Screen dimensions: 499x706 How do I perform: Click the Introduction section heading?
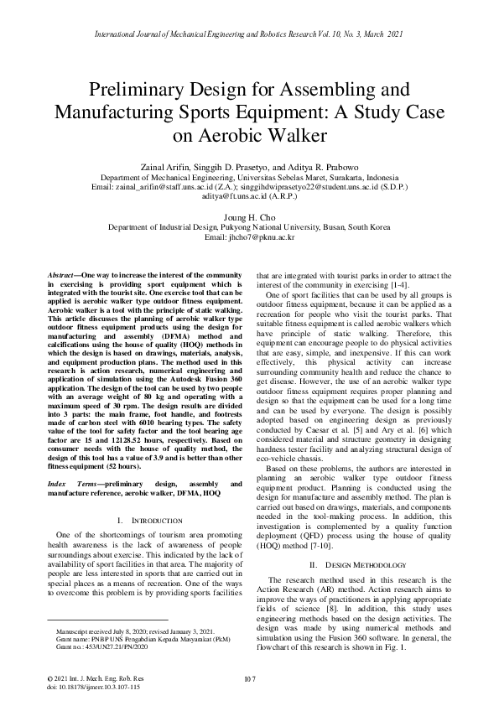[x=151, y=522]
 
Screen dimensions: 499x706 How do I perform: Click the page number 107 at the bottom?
[x=249, y=678]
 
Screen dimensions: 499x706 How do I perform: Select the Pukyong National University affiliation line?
[x=249, y=227]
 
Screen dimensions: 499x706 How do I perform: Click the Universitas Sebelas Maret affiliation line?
[x=249, y=179]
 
